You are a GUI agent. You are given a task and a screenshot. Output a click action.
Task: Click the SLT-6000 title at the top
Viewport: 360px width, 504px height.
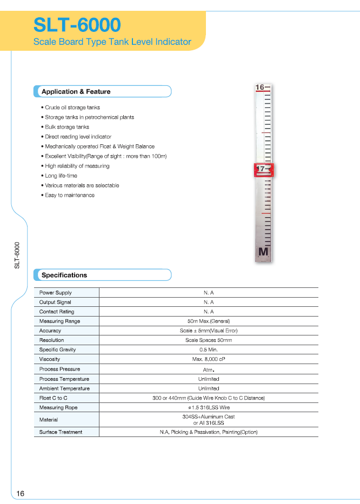pyautogui.click(x=77, y=25)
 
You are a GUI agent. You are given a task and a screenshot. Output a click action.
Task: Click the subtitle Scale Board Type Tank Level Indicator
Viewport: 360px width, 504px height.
pyautogui.click(x=112, y=42)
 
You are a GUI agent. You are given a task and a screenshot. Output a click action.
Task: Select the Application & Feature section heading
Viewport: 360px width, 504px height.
pyautogui.click(x=76, y=92)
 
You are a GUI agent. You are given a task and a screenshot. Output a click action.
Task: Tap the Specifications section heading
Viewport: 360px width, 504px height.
pyautogui.click(x=64, y=275)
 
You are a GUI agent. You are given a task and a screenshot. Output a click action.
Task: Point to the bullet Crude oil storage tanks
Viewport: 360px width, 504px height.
pyautogui.click(x=72, y=107)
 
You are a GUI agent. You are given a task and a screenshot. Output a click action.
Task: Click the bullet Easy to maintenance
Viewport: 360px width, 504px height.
pyautogui.click(x=69, y=195)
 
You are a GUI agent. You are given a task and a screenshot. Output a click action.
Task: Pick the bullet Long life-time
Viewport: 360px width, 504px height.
pyautogui.click(x=61, y=176)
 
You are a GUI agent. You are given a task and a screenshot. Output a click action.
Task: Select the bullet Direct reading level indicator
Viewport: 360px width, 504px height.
pyautogui.click(x=78, y=137)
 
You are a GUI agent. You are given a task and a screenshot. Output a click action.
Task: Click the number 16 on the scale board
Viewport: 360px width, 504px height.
pyautogui.click(x=259, y=87)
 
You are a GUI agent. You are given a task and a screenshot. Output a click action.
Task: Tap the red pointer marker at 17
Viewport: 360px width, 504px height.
pyautogui.click(x=264, y=170)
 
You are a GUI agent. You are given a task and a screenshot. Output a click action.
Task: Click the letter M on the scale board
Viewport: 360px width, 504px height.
pyautogui.click(x=263, y=252)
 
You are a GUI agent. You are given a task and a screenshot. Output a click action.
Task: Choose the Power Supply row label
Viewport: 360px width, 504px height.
pyautogui.click(x=56, y=293)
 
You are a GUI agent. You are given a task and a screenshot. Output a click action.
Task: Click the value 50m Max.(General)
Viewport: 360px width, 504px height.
pyautogui.click(x=209, y=321)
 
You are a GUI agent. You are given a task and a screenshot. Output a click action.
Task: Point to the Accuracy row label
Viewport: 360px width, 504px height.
pyautogui.click(x=50, y=331)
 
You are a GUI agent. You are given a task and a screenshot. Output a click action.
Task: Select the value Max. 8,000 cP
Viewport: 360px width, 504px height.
pyautogui.click(x=209, y=359)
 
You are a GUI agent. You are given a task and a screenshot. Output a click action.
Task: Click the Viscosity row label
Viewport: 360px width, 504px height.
pyautogui.click(x=50, y=359)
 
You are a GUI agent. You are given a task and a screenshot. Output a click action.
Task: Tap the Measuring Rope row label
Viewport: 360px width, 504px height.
pyautogui.click(x=58, y=408)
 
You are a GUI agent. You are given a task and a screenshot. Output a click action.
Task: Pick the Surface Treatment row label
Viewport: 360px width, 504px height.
pyautogui.click(x=61, y=432)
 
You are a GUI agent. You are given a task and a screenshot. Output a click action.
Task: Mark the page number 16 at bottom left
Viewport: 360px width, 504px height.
pyautogui.click(x=21, y=494)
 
